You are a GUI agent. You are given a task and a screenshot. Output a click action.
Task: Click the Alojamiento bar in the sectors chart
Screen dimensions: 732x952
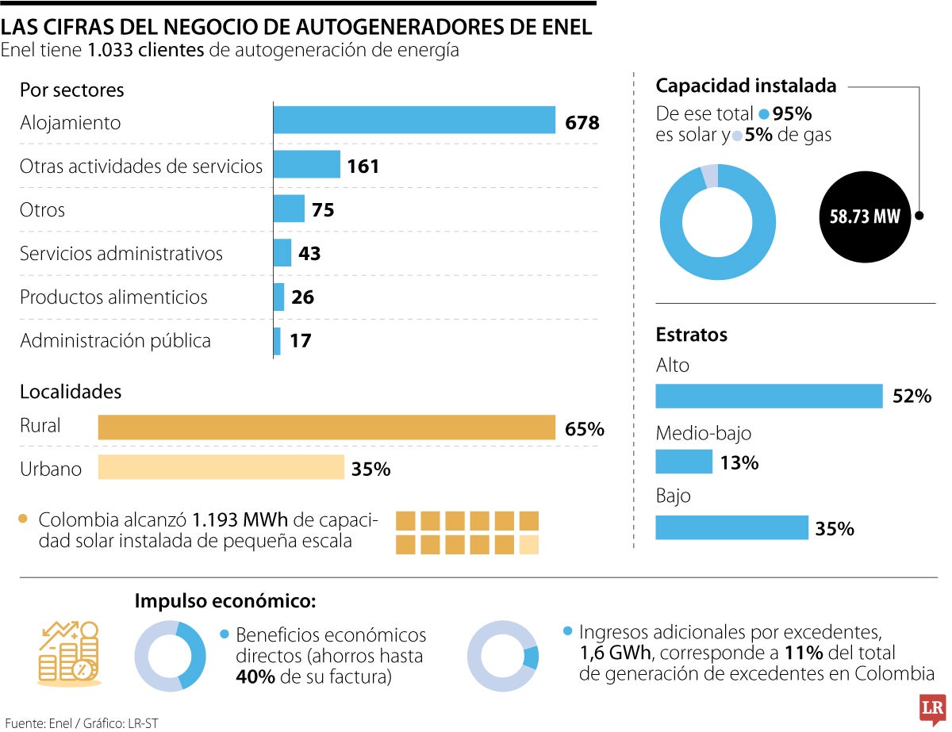tap(413, 120)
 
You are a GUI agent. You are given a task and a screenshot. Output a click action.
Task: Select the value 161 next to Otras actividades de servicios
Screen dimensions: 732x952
tap(363, 166)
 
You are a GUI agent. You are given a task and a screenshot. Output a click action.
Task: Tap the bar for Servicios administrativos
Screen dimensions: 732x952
tap(282, 253)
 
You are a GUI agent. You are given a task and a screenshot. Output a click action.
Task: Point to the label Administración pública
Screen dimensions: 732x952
tap(115, 341)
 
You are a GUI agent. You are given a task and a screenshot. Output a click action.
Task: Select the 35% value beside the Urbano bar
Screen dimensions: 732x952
tap(370, 469)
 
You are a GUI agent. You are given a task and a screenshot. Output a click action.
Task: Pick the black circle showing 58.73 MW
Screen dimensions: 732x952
tap(864, 217)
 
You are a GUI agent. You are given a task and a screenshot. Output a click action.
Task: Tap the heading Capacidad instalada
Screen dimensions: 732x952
tap(746, 86)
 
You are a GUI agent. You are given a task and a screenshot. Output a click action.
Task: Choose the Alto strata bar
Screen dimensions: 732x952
tap(769, 396)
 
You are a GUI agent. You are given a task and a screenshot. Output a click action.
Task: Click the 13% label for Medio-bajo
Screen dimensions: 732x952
tap(739, 462)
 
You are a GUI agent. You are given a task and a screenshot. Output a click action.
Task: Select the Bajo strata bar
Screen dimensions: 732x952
tap(731, 527)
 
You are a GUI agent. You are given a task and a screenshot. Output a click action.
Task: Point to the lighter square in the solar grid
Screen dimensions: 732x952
tap(528, 544)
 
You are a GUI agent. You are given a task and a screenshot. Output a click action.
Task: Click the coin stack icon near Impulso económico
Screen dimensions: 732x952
tap(69, 653)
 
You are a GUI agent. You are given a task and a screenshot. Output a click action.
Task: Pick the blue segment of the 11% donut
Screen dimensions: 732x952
tap(532, 657)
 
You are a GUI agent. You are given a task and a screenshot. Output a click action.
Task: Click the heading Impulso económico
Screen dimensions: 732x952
tap(225, 600)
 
